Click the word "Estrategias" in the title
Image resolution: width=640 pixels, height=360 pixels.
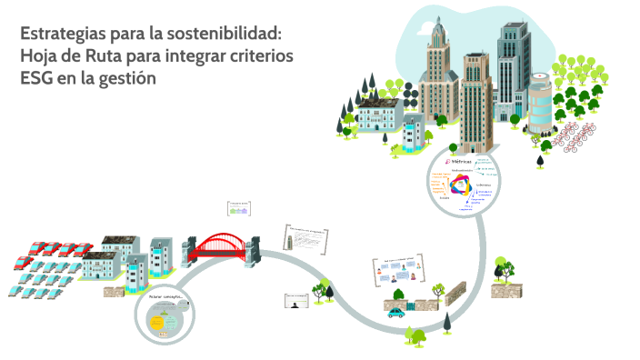(x=59, y=35)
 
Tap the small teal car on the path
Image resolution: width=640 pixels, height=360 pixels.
(x=396, y=314)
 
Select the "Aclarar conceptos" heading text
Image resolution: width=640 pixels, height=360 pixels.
(x=165, y=297)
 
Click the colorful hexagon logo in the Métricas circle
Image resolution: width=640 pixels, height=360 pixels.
(x=458, y=186)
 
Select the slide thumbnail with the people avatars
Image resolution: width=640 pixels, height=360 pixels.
(x=400, y=272)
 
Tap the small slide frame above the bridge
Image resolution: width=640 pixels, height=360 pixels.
(x=239, y=208)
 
